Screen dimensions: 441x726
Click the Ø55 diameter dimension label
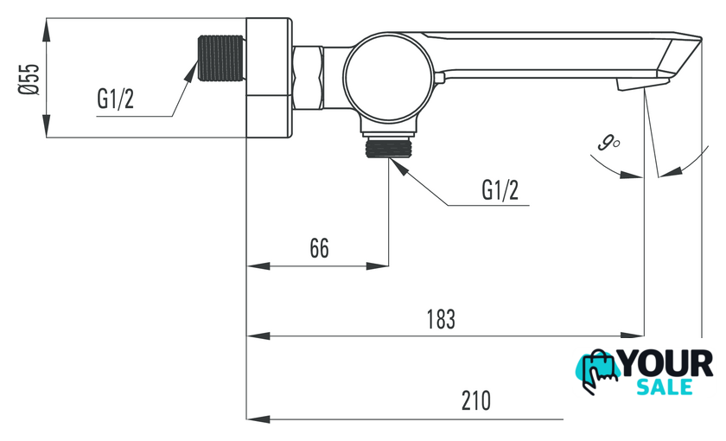coord(30,77)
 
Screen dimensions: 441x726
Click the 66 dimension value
coord(319,248)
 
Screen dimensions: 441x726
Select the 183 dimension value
coord(440,318)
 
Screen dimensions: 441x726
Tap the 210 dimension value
coord(475,401)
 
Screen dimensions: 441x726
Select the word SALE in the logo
coord(664,387)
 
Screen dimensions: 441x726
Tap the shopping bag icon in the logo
coord(597,372)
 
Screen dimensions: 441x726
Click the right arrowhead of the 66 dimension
coord(380,265)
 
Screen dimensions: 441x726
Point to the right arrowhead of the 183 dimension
coord(636,335)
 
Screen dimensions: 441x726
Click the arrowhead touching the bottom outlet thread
coord(399,167)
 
